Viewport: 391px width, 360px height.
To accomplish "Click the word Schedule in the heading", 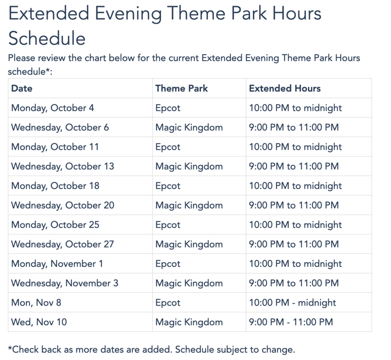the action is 47,38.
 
